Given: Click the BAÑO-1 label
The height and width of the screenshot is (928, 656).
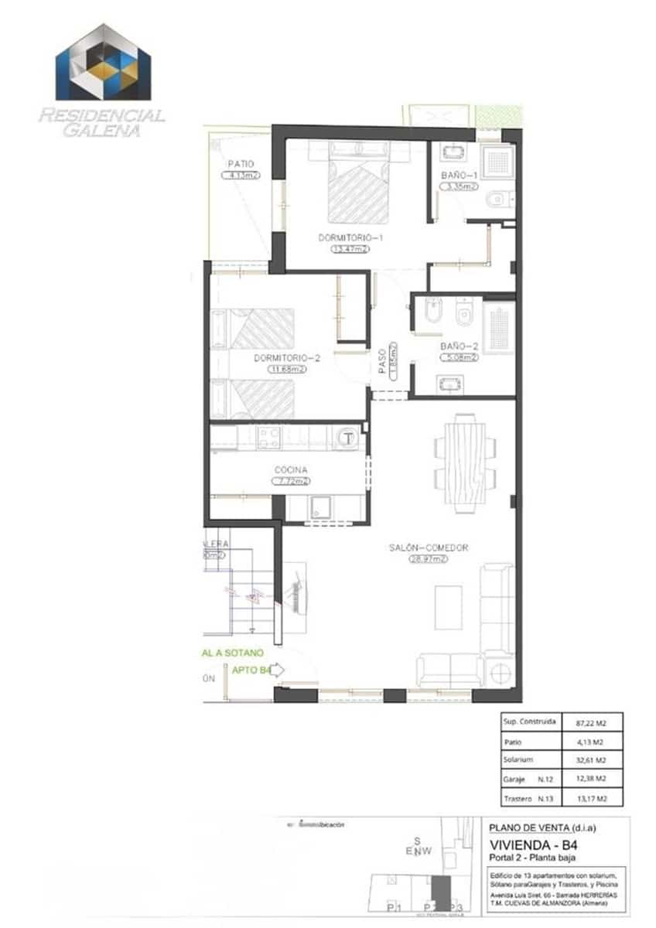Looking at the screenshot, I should pos(460,176).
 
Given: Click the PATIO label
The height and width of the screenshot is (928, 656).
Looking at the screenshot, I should pos(241,164).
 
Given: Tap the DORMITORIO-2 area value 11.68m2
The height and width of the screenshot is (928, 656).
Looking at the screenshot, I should pos(287,370).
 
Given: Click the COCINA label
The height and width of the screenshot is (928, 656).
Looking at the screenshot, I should pos(290,469).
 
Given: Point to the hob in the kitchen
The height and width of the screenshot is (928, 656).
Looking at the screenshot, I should pos(268,438).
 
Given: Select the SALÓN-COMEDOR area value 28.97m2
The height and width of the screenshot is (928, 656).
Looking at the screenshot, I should pos(429,558).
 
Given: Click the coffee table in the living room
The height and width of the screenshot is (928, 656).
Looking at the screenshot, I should pos(447,607).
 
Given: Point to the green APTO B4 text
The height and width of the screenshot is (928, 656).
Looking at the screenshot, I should pos(251,670).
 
